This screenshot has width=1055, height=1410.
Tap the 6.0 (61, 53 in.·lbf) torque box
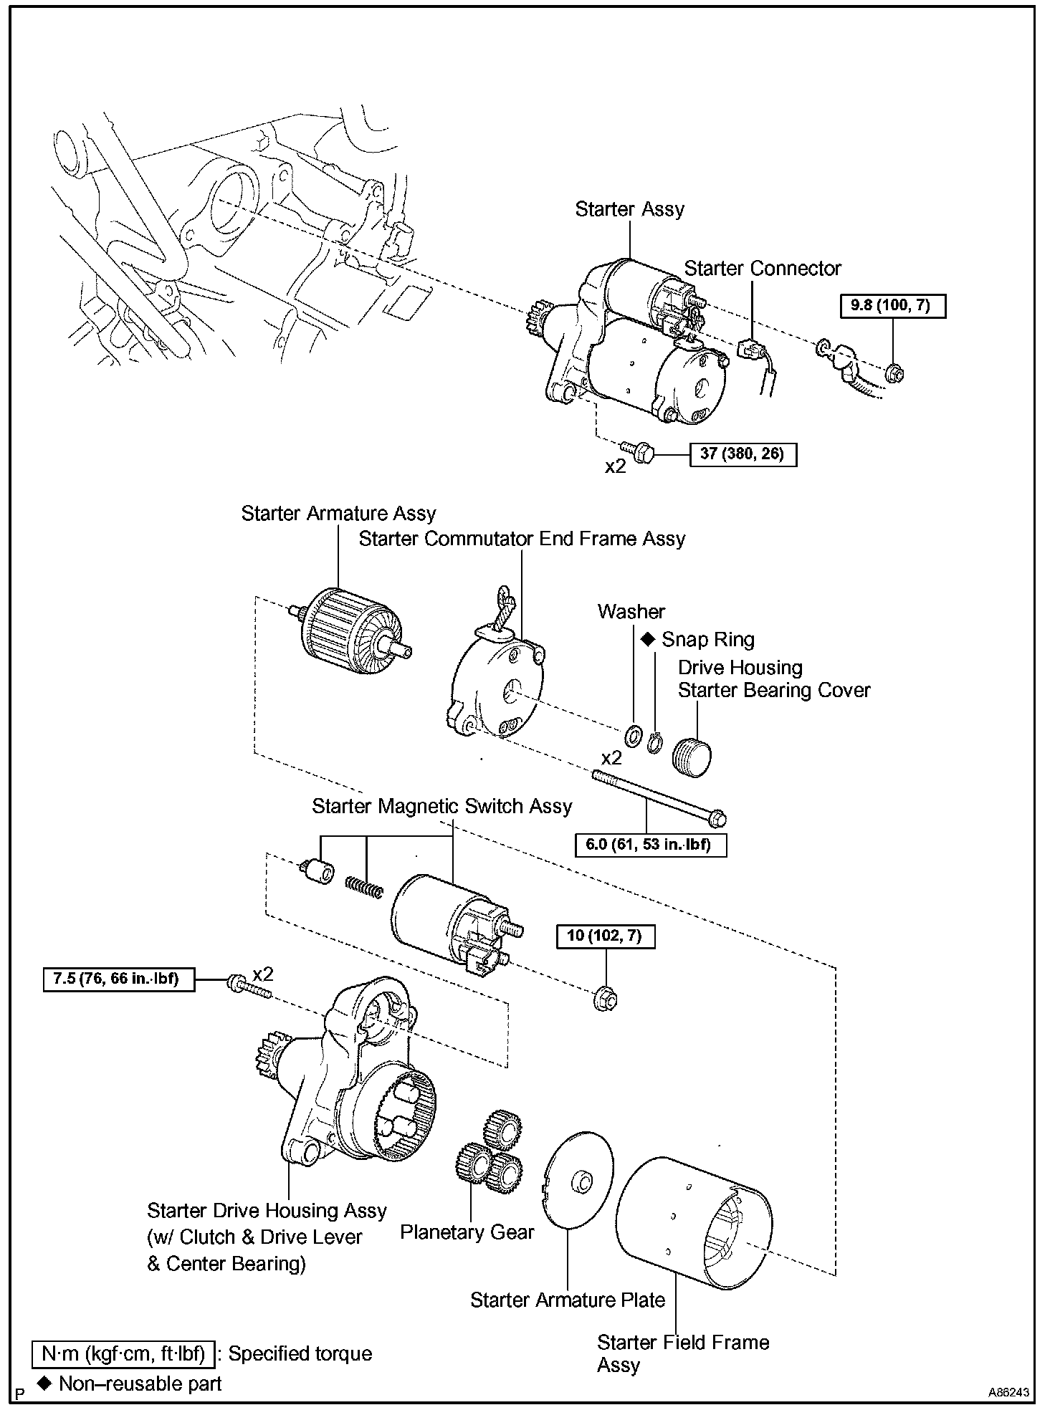tap(651, 845)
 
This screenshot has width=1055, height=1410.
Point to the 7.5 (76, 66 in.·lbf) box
tap(119, 979)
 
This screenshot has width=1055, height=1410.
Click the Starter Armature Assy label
tap(338, 514)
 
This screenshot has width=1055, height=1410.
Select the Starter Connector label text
tap(763, 269)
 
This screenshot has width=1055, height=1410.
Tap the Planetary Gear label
tap(467, 1232)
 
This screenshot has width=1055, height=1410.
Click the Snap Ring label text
tap(707, 640)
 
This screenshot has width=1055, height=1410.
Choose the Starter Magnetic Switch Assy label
tap(442, 807)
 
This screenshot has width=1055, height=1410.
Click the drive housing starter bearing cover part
tap(692, 755)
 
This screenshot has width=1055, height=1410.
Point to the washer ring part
tap(633, 735)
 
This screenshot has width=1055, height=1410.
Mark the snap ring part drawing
tap(653, 744)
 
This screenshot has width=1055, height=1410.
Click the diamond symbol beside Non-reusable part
tap(45, 1382)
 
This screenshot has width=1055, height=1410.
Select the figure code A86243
tap(1008, 1393)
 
